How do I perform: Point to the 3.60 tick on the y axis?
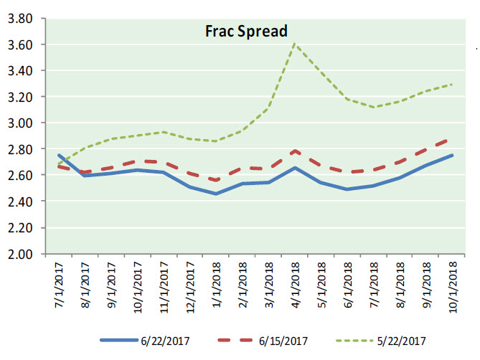coord(22,44)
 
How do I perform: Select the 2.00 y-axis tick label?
coord(22,254)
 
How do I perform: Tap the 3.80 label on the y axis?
coord(22,19)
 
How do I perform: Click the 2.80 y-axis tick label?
coord(22,149)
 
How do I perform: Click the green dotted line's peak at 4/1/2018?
coord(293,44)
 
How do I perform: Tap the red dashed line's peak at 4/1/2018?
coord(293,151)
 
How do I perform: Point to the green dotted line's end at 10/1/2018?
coord(452,84)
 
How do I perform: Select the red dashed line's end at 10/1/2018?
coord(452,140)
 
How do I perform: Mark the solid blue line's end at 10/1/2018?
coord(452,155)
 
